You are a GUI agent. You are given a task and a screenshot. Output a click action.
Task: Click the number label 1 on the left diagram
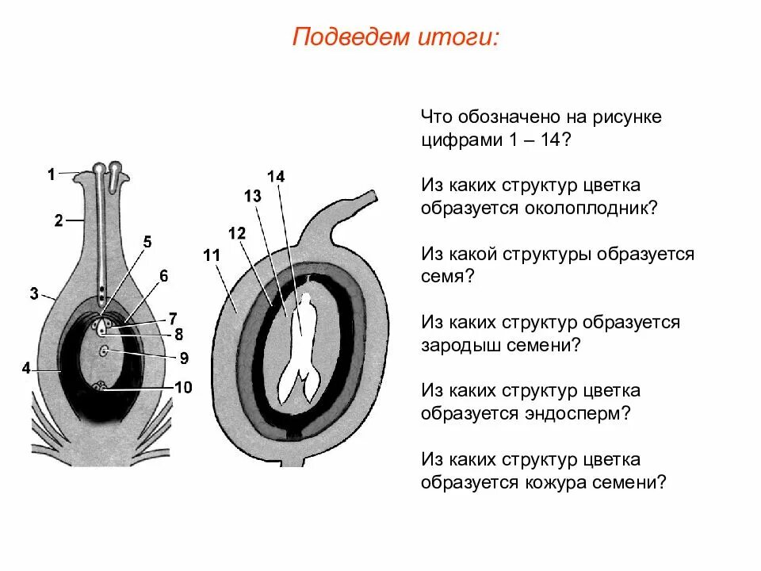click(51, 175)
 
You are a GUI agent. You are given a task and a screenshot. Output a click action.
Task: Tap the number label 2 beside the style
click(59, 221)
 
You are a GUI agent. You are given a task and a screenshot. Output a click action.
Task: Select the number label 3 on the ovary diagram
click(34, 294)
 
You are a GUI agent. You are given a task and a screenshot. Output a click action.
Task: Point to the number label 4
click(26, 368)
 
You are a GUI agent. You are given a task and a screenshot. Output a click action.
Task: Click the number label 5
click(147, 242)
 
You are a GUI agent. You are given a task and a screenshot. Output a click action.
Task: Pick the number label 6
click(163, 276)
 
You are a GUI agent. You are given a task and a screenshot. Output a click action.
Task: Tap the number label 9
click(183, 358)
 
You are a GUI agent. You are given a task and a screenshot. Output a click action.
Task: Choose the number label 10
click(183, 387)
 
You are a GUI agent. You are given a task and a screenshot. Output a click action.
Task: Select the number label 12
click(236, 233)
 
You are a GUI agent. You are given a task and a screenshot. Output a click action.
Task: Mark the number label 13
click(252, 197)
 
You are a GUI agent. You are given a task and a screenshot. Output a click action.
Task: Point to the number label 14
click(276, 176)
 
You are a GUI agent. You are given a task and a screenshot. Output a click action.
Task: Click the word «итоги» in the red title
click(460, 37)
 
